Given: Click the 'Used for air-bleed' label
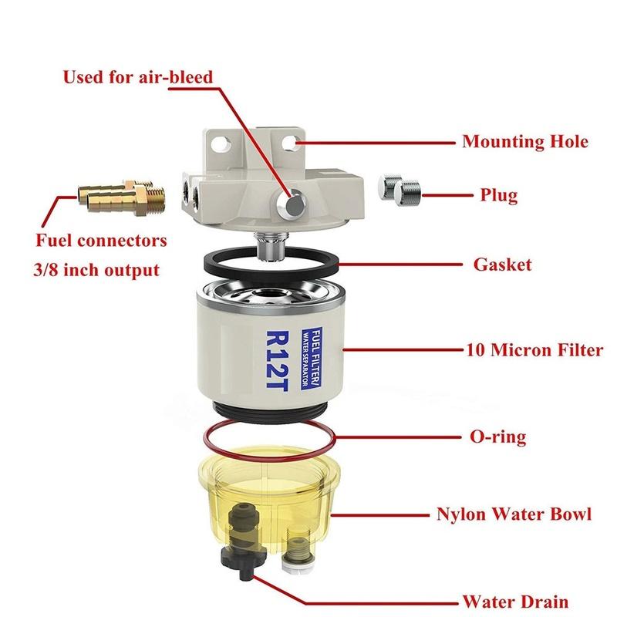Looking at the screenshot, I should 137,77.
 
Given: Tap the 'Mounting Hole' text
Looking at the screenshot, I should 535,142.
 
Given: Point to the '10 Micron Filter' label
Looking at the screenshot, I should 534,350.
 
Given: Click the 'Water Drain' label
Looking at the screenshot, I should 515,601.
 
